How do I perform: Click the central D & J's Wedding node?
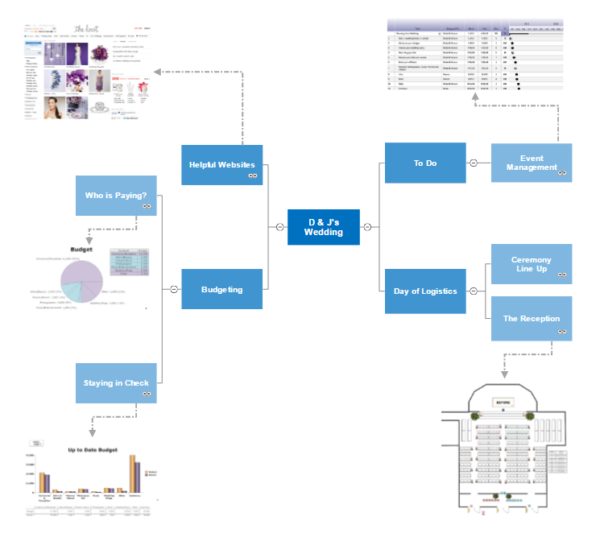[x=323, y=227]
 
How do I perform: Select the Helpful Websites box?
[x=221, y=165]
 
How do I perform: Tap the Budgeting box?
[x=221, y=289]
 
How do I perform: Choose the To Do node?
[x=425, y=163]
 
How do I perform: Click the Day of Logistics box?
[x=425, y=291]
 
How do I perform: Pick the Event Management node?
[x=532, y=163]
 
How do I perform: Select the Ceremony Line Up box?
[x=532, y=264]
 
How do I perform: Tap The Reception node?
[x=532, y=318]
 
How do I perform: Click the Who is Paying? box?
[x=116, y=196]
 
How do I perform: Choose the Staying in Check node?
[x=116, y=383]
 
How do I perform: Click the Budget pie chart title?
[x=83, y=250]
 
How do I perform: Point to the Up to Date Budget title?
[x=93, y=450]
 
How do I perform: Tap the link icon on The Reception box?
[x=561, y=330]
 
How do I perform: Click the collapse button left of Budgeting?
[x=173, y=289]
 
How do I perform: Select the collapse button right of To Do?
[x=474, y=163]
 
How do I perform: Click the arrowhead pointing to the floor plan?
[x=504, y=373]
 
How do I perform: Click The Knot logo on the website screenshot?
[x=85, y=28]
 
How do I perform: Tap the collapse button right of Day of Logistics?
[x=474, y=291]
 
